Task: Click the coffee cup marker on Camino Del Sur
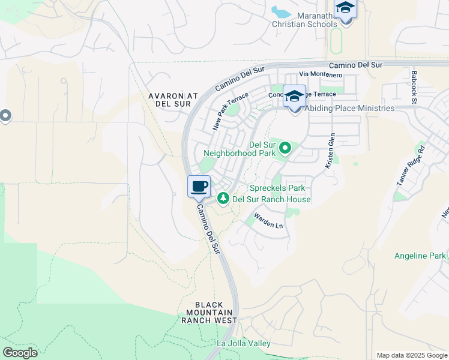click(199, 187)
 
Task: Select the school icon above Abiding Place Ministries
click(294, 96)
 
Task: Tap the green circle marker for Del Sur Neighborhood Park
click(285, 147)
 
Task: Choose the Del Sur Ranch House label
click(271, 199)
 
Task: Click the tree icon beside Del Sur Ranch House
click(223, 197)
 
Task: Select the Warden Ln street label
click(268, 220)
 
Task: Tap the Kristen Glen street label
click(330, 151)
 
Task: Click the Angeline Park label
click(420, 256)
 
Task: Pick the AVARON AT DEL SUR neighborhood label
click(173, 100)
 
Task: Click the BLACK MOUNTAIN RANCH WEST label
click(209, 312)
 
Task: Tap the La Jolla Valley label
click(244, 344)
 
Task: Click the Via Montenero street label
click(321, 74)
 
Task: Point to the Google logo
click(20, 353)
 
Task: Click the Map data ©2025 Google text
click(411, 355)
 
